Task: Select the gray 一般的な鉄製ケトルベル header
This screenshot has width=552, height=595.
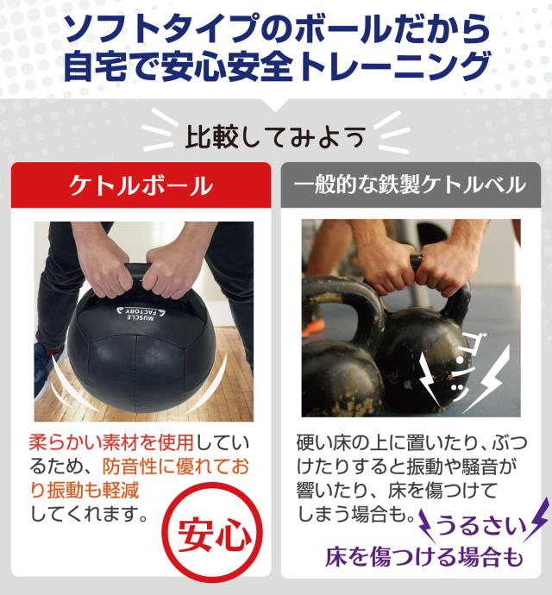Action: [x=411, y=185]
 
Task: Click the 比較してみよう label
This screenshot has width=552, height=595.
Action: [x=275, y=135]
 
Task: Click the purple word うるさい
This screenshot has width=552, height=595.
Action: [x=479, y=523]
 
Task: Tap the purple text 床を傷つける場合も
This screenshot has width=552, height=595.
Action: [x=423, y=557]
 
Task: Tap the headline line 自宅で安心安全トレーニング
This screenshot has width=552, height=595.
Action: [x=276, y=68]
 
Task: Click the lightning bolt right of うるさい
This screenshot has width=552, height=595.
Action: [x=536, y=517]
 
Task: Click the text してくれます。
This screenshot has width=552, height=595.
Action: [x=86, y=514]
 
